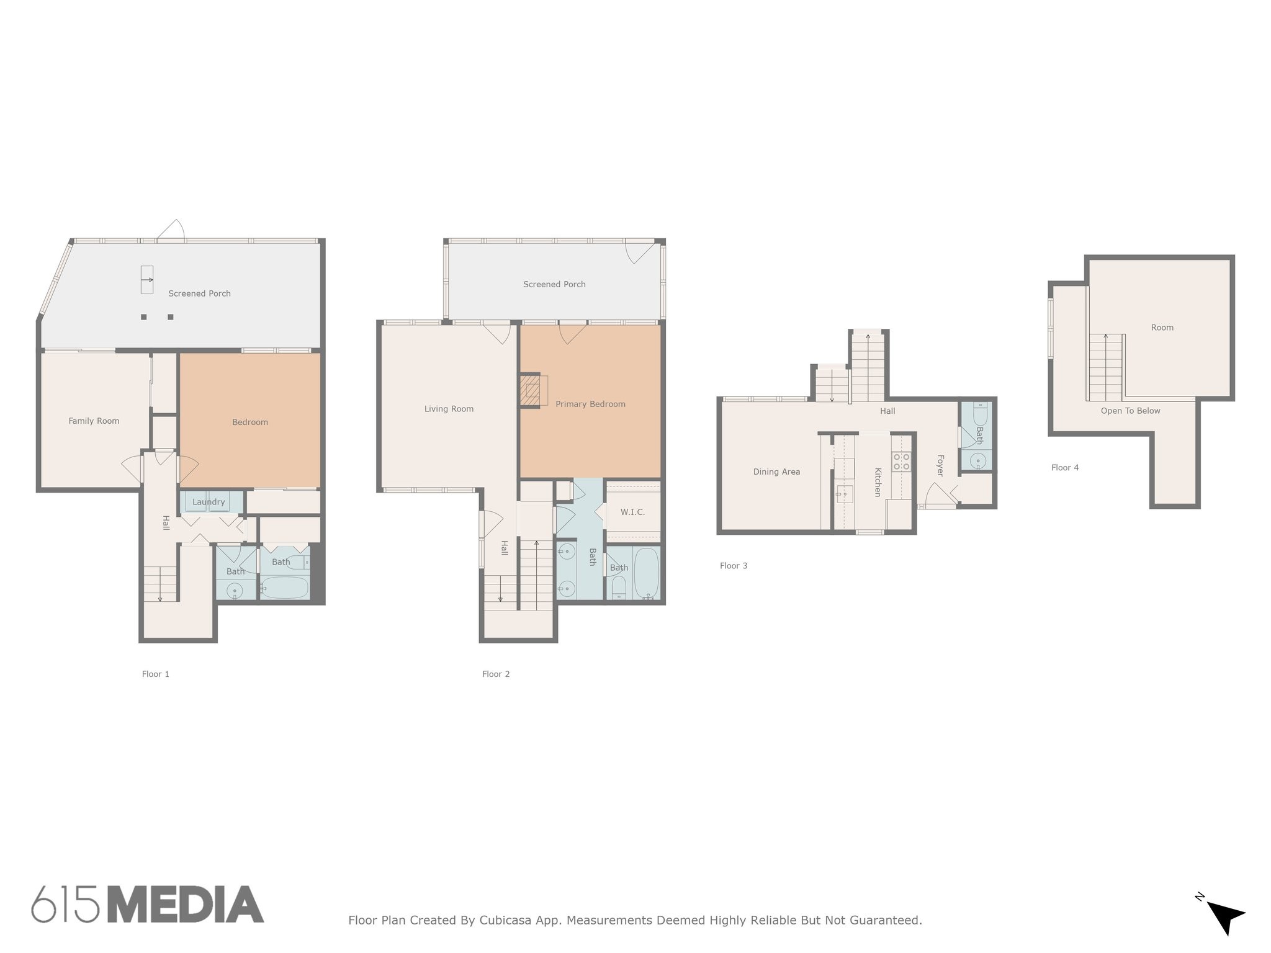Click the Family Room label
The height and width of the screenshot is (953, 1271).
click(x=94, y=421)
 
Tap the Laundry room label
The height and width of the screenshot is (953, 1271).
click(x=209, y=502)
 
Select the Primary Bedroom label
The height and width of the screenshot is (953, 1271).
click(x=590, y=404)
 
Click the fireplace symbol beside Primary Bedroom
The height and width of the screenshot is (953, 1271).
click(x=531, y=390)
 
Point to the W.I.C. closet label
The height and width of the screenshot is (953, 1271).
click(x=632, y=512)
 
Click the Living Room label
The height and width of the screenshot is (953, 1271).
click(x=449, y=409)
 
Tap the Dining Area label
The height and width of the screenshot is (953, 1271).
click(x=776, y=472)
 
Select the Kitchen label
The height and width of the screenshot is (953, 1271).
click(x=878, y=482)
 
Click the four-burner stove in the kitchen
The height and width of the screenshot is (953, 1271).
click(x=901, y=462)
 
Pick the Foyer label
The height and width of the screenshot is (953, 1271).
click(x=940, y=465)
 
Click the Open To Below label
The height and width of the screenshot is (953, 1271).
click(x=1130, y=411)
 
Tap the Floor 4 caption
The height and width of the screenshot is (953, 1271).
click(x=1065, y=468)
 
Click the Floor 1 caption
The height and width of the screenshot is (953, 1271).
click(x=155, y=674)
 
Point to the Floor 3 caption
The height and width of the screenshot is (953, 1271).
click(x=734, y=566)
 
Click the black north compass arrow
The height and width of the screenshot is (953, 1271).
click(x=1224, y=916)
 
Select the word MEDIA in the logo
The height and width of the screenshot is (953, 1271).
click(x=186, y=905)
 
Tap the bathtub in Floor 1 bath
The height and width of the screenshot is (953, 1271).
click(x=284, y=587)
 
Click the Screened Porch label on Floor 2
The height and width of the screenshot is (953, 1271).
click(x=554, y=284)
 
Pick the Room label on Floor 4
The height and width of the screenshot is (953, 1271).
click(x=1162, y=328)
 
